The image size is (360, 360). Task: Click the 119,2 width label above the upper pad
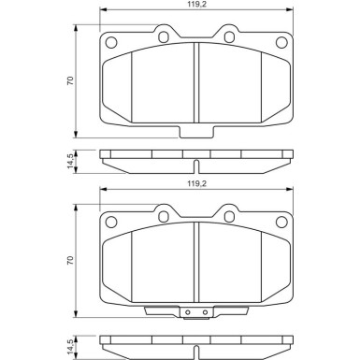pos(193,7)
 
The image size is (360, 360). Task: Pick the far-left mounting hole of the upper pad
pos(111,42)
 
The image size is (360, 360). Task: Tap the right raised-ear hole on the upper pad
pos(225,37)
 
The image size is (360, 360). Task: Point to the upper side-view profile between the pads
pos(194,161)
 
